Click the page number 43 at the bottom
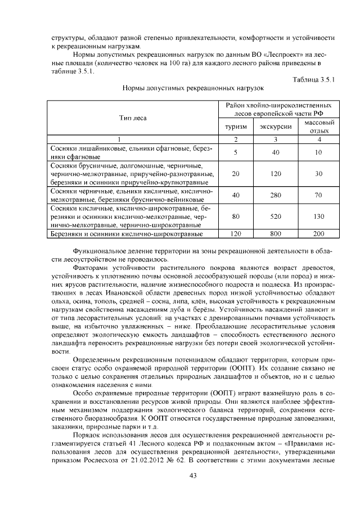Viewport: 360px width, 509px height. tap(180, 477)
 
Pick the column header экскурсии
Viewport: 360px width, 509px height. tap(276, 127)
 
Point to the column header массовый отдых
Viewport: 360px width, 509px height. tap(319, 127)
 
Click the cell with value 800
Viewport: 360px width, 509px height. tap(276, 233)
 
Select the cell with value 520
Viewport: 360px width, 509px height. tap(276, 216)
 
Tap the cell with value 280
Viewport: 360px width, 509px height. tap(276, 195)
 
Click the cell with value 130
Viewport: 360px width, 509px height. tap(319, 216)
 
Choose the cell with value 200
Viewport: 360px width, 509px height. tap(319, 233)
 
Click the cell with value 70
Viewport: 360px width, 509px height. tap(319, 195)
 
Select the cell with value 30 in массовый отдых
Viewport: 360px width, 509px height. tap(319, 174)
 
